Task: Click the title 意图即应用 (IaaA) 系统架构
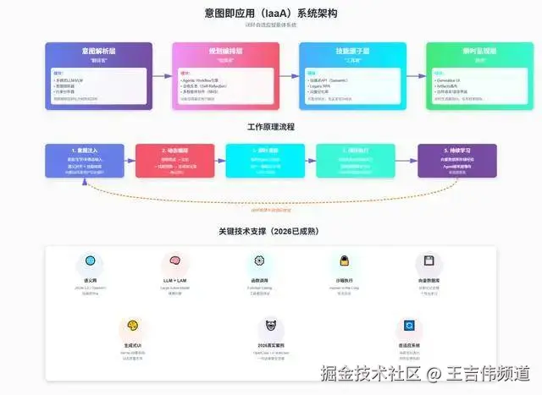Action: pyautogui.click(x=270, y=14)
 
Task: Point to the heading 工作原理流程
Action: pyautogui.click(x=270, y=127)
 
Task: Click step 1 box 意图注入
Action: pyautogui.click(x=84, y=161)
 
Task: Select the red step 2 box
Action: pyautogui.click(x=175, y=161)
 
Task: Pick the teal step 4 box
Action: pyautogui.click(x=356, y=161)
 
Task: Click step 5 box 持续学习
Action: pyautogui.click(x=457, y=161)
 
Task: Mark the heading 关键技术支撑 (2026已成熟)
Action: pyautogui.click(x=270, y=230)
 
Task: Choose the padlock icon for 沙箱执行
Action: pyautogui.click(x=344, y=261)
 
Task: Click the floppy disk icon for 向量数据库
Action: pyautogui.click(x=429, y=261)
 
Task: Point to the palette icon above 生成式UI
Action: pyautogui.click(x=132, y=326)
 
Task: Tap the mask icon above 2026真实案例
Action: pyautogui.click(x=270, y=326)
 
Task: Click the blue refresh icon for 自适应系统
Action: pyautogui.click(x=408, y=326)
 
